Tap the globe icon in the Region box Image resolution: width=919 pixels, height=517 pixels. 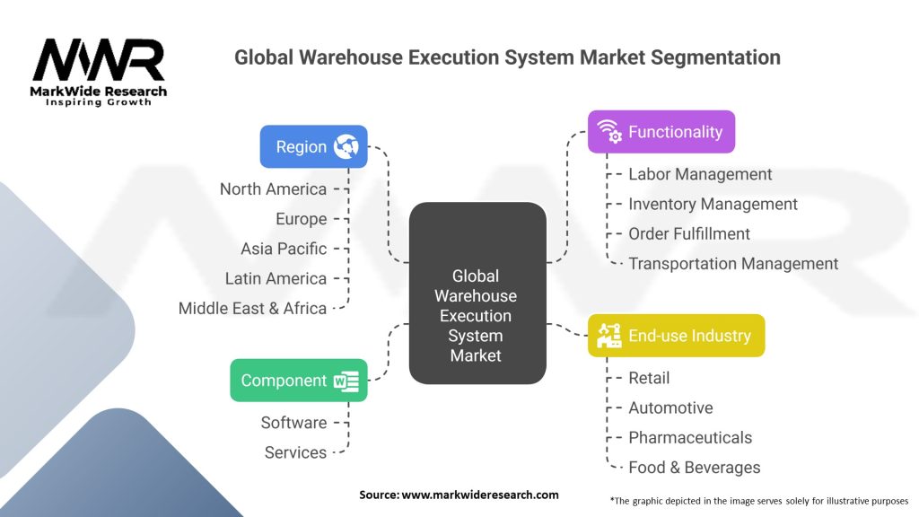(346, 146)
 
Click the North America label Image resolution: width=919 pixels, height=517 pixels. (273, 188)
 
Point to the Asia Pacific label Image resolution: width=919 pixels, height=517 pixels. (284, 249)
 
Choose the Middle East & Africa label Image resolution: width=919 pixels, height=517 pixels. (252, 308)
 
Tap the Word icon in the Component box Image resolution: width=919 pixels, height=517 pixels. (346, 381)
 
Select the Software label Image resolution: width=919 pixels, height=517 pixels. (293, 422)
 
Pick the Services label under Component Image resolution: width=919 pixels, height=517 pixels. (295, 452)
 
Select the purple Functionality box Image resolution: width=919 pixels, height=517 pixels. (661, 132)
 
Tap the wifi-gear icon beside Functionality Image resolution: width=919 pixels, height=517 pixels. (610, 132)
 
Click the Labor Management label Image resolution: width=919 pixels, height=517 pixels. (700, 174)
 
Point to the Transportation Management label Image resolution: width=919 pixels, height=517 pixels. (733, 264)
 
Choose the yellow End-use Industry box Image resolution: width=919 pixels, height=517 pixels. (676, 336)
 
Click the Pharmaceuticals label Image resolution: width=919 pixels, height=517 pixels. (690, 438)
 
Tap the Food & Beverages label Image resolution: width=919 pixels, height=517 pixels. (694, 468)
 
